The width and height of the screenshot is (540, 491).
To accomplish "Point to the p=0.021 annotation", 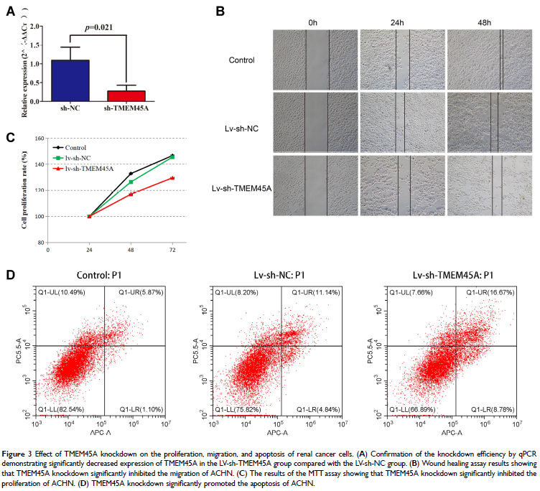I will coord(98,27).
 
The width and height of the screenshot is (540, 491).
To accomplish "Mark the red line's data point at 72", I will coord(172,177).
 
